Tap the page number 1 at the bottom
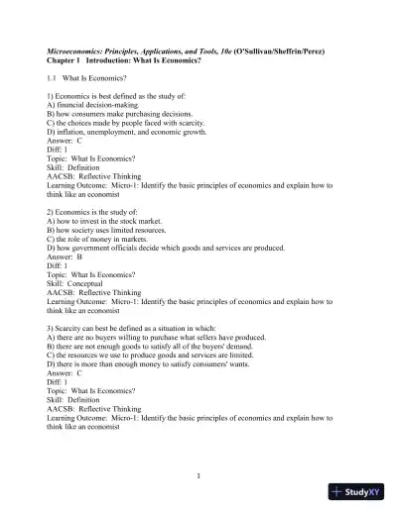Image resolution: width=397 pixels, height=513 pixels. pyautogui.click(x=198, y=474)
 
